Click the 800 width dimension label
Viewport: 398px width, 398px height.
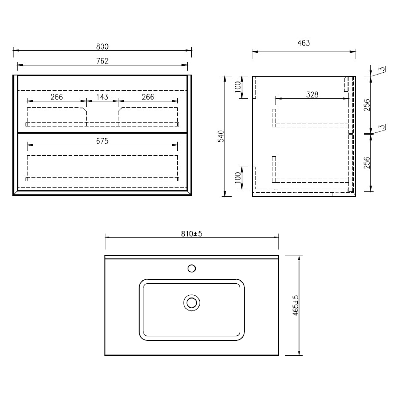click(102, 46)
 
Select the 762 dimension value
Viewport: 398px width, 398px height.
click(102, 61)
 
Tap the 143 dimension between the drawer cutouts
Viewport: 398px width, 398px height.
click(102, 97)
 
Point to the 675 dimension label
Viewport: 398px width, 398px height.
click(102, 141)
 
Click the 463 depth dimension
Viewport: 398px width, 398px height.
click(304, 43)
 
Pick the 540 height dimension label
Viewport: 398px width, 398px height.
click(221, 136)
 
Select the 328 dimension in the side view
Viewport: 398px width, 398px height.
click(312, 94)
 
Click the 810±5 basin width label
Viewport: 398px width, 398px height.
click(192, 234)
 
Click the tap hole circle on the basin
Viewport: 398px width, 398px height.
click(192, 269)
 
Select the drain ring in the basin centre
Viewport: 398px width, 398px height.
click(192, 303)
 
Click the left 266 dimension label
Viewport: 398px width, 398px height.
click(57, 97)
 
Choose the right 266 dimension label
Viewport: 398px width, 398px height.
click(148, 97)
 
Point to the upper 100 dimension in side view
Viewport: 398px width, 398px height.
click(238, 87)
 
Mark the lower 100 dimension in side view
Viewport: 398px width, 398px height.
click(238, 178)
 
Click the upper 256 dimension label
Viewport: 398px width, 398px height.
click(367, 105)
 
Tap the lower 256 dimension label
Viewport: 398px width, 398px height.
click(367, 163)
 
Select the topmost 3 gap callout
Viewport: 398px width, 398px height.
click(382, 69)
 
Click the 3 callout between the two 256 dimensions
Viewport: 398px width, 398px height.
click(382, 127)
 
